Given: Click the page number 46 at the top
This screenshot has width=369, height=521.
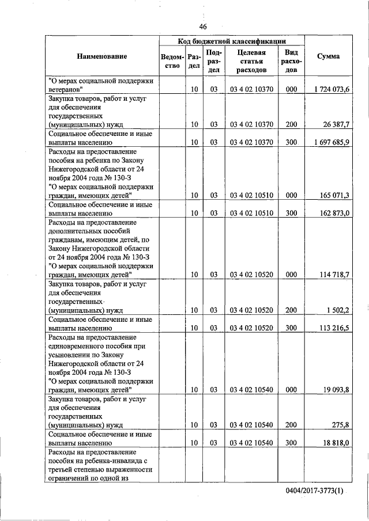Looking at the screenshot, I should coord(202,26).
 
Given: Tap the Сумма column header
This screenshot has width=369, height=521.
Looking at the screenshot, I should coord(329,56).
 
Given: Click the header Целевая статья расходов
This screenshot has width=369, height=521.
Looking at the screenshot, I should coord(251,62).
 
